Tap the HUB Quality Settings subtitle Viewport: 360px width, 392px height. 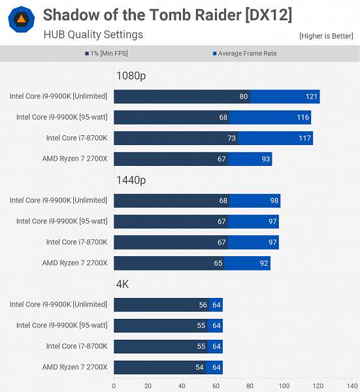click(93, 34)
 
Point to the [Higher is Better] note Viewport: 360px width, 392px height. click(326, 36)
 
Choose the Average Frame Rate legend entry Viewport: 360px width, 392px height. click(244, 54)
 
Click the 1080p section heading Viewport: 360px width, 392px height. click(131, 76)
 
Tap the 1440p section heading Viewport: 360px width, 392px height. click(131, 180)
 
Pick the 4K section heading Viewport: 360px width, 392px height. click(123, 284)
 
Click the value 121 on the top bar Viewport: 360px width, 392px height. click(311, 97)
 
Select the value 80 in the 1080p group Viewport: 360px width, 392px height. click(243, 97)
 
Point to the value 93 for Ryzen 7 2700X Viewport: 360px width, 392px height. click(264, 159)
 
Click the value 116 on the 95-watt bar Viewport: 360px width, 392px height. click(303, 118)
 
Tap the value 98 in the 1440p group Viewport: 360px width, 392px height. click(273, 201)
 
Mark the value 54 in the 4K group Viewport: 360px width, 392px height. click(199, 367)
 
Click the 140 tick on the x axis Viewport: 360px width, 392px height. click(352, 385)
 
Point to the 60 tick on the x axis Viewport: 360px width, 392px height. click(216, 385)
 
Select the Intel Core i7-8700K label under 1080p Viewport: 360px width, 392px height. click(76, 138)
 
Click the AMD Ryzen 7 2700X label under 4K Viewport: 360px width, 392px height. click(74, 367)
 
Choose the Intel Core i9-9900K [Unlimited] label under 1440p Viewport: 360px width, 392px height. click(58, 201)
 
